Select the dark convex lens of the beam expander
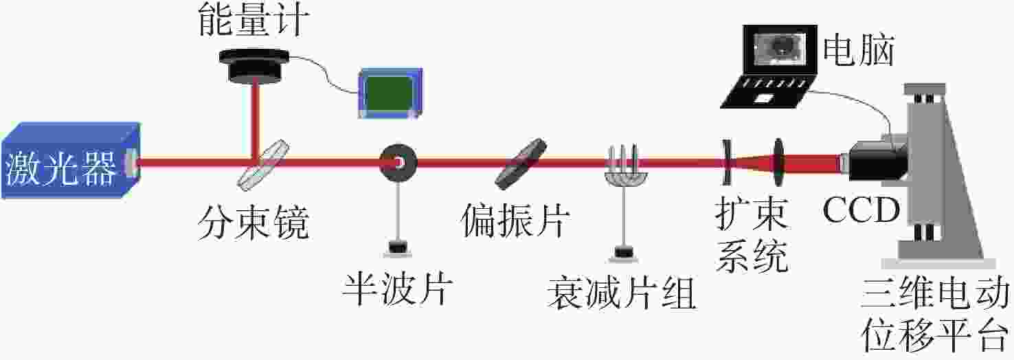click(779, 163)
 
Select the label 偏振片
click(516, 223)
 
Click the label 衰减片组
click(621, 294)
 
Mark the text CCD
click(861, 210)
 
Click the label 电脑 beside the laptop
click(859, 50)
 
